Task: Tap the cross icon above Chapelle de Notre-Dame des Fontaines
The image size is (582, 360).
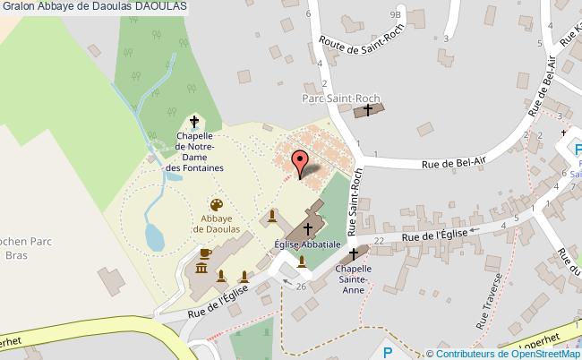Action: (193, 122)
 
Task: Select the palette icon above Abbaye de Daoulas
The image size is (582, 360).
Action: (216, 205)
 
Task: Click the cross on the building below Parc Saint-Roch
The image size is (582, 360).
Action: (367, 110)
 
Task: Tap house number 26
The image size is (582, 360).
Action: (300, 286)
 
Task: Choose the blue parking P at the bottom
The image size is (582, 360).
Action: (388, 352)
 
